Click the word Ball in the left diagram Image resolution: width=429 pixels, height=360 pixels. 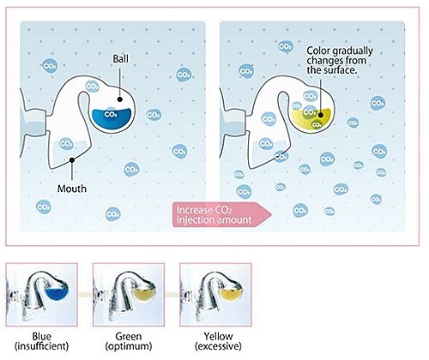click(121, 59)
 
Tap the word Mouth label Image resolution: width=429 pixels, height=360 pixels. click(72, 189)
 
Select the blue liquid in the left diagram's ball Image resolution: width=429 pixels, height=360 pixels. click(112, 118)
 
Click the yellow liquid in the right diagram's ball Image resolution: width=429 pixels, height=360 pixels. click(311, 119)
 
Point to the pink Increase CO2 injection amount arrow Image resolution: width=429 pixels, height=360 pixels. click(222, 215)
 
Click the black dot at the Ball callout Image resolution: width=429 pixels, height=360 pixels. click(120, 99)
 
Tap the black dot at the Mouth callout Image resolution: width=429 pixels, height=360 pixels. click(72, 160)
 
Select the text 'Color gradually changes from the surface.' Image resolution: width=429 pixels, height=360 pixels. click(340, 61)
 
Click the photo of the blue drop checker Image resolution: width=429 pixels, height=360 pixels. click(42, 295)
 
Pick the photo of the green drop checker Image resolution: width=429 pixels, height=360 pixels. click(129, 295)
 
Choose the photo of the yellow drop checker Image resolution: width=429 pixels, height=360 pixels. click(215, 295)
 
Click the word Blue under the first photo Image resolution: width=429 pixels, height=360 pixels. click(42, 336)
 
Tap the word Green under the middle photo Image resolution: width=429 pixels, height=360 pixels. click(129, 336)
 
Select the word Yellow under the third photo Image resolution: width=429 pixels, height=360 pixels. click(218, 336)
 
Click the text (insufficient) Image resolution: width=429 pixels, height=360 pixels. click(42, 346)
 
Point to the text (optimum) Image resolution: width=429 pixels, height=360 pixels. click(129, 346)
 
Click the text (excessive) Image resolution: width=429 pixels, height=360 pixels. click(218, 346)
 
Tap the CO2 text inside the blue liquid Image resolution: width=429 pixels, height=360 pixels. click(111, 115)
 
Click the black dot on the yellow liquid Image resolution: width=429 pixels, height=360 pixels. click(321, 115)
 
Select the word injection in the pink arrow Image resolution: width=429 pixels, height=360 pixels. click(195, 220)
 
